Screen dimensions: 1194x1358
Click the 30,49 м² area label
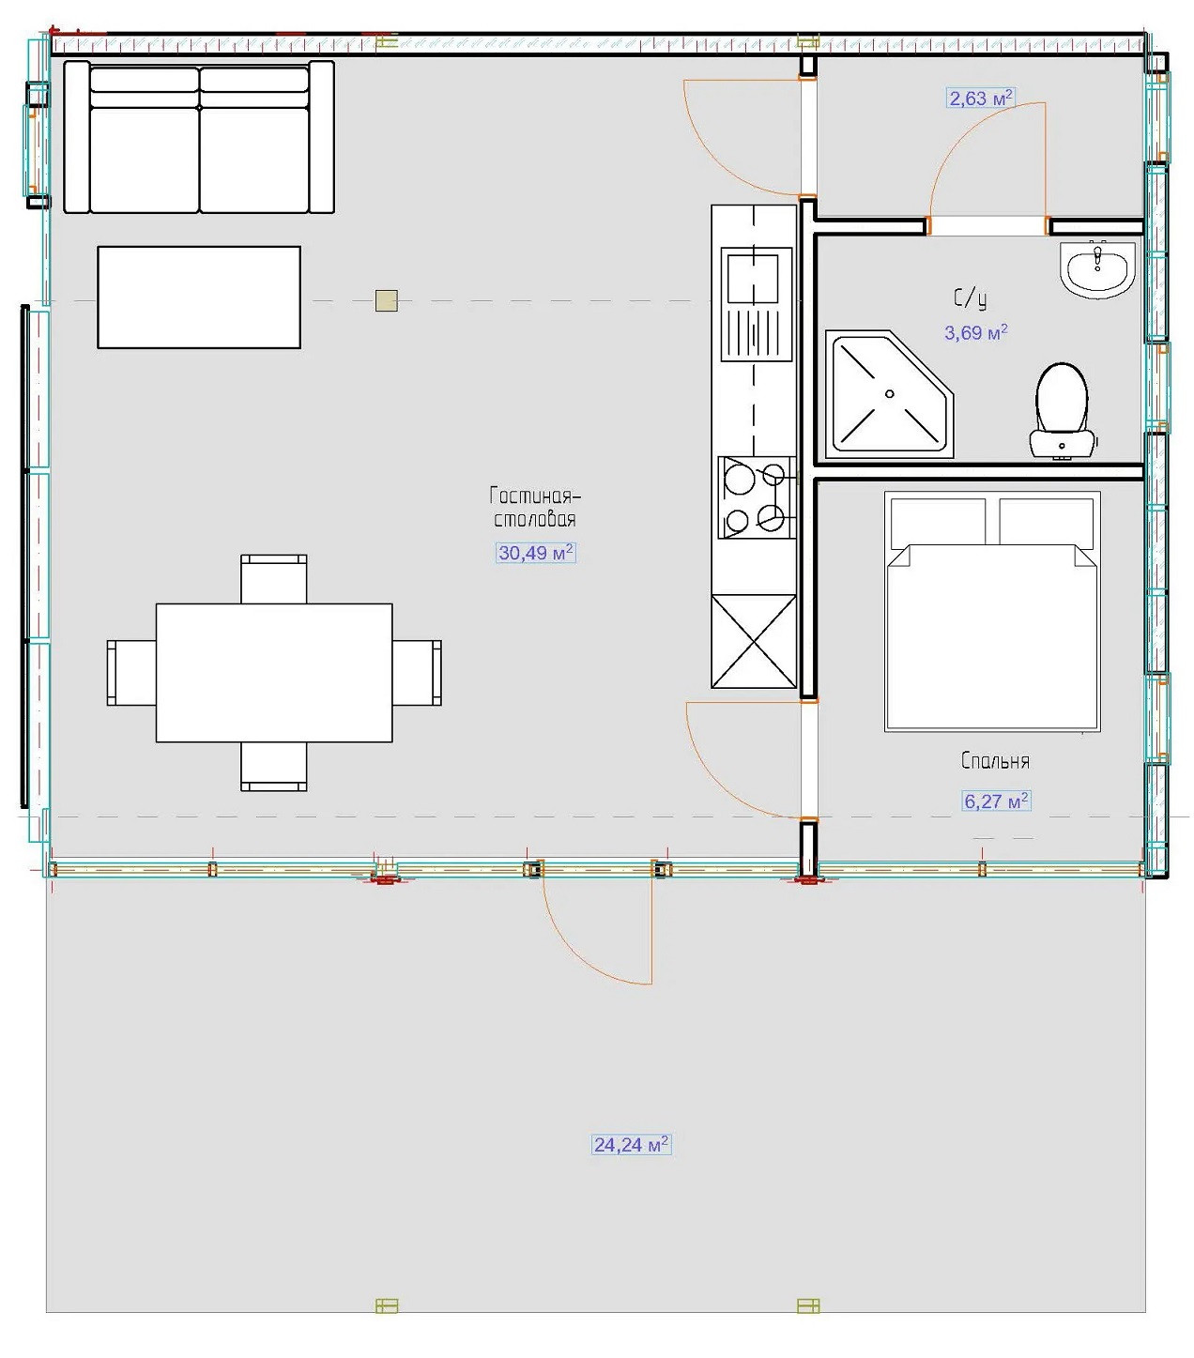click(x=535, y=553)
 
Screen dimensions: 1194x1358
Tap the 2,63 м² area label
click(x=980, y=99)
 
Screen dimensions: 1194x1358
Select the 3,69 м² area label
click(x=976, y=332)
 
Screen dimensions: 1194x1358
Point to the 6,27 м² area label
click(x=996, y=801)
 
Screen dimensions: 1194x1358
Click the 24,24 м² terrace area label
click(x=631, y=1144)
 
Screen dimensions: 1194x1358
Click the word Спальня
click(x=995, y=761)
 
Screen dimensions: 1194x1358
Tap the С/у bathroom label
click(x=970, y=299)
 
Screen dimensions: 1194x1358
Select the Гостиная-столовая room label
click(x=535, y=508)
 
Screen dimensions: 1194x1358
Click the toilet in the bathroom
click(x=1062, y=411)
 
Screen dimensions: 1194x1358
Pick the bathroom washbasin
click(x=1097, y=269)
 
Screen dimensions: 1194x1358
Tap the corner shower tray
click(x=889, y=394)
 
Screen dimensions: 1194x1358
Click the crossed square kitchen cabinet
click(x=754, y=642)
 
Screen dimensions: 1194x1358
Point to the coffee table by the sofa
click(x=198, y=297)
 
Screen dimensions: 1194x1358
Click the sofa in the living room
click(x=199, y=137)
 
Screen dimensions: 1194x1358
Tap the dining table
click(x=274, y=672)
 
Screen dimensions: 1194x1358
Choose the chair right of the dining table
click(x=417, y=672)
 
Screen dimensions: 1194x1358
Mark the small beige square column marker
click(x=386, y=301)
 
